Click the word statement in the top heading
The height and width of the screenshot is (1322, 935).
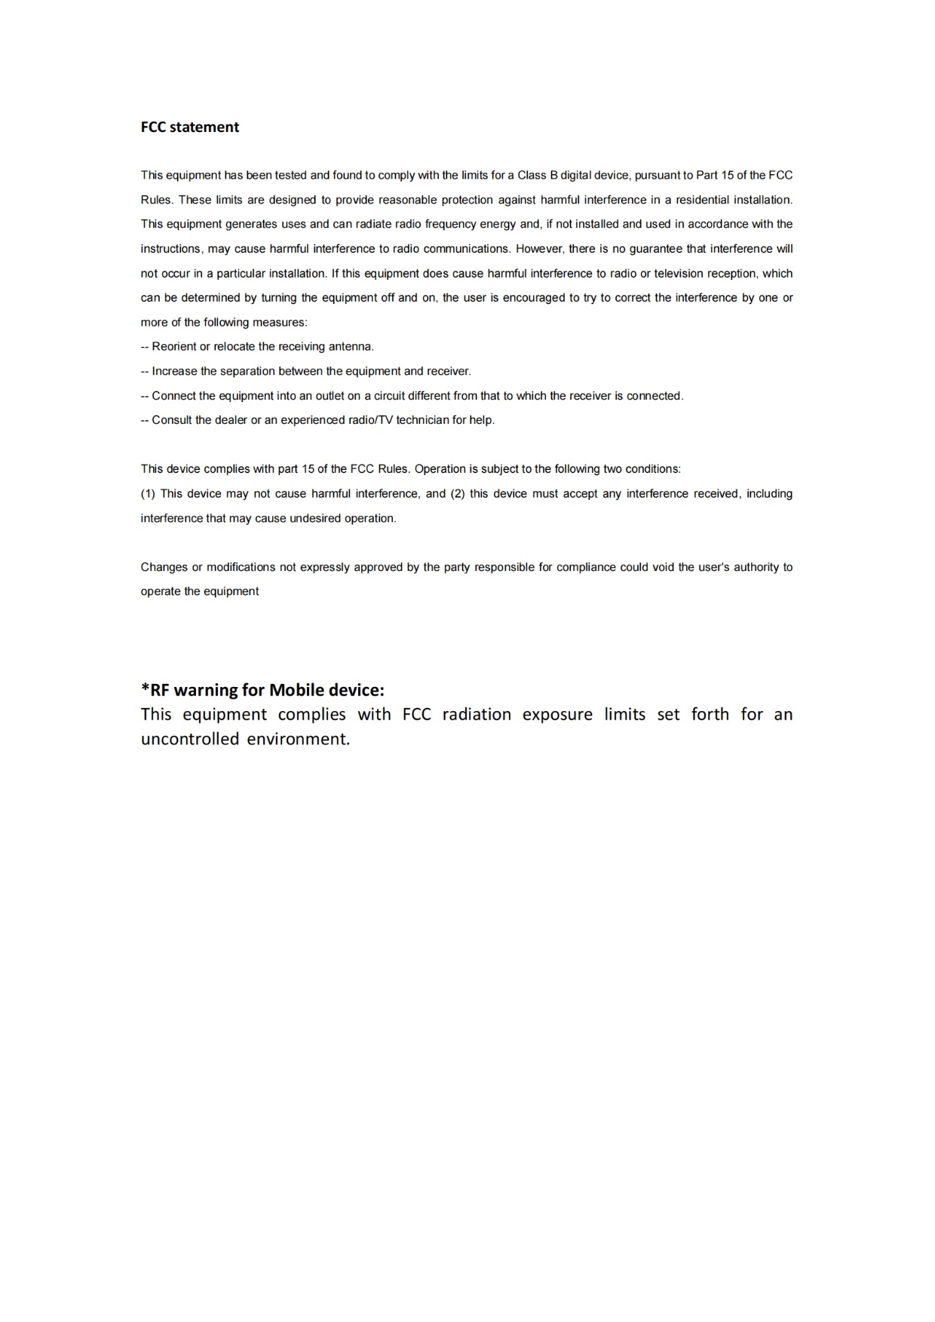pos(204,127)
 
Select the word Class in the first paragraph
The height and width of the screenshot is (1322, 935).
pos(532,175)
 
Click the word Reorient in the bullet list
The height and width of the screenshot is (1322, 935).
pos(174,347)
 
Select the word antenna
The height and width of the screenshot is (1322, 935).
pos(350,347)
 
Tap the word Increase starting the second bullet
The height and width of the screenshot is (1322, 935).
pos(174,371)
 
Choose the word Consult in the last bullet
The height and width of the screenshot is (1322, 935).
pos(173,420)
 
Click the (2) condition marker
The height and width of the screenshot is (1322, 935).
pos(458,494)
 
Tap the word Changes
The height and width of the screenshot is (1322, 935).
pos(163,567)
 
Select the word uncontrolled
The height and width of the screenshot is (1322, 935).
pos(189,739)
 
